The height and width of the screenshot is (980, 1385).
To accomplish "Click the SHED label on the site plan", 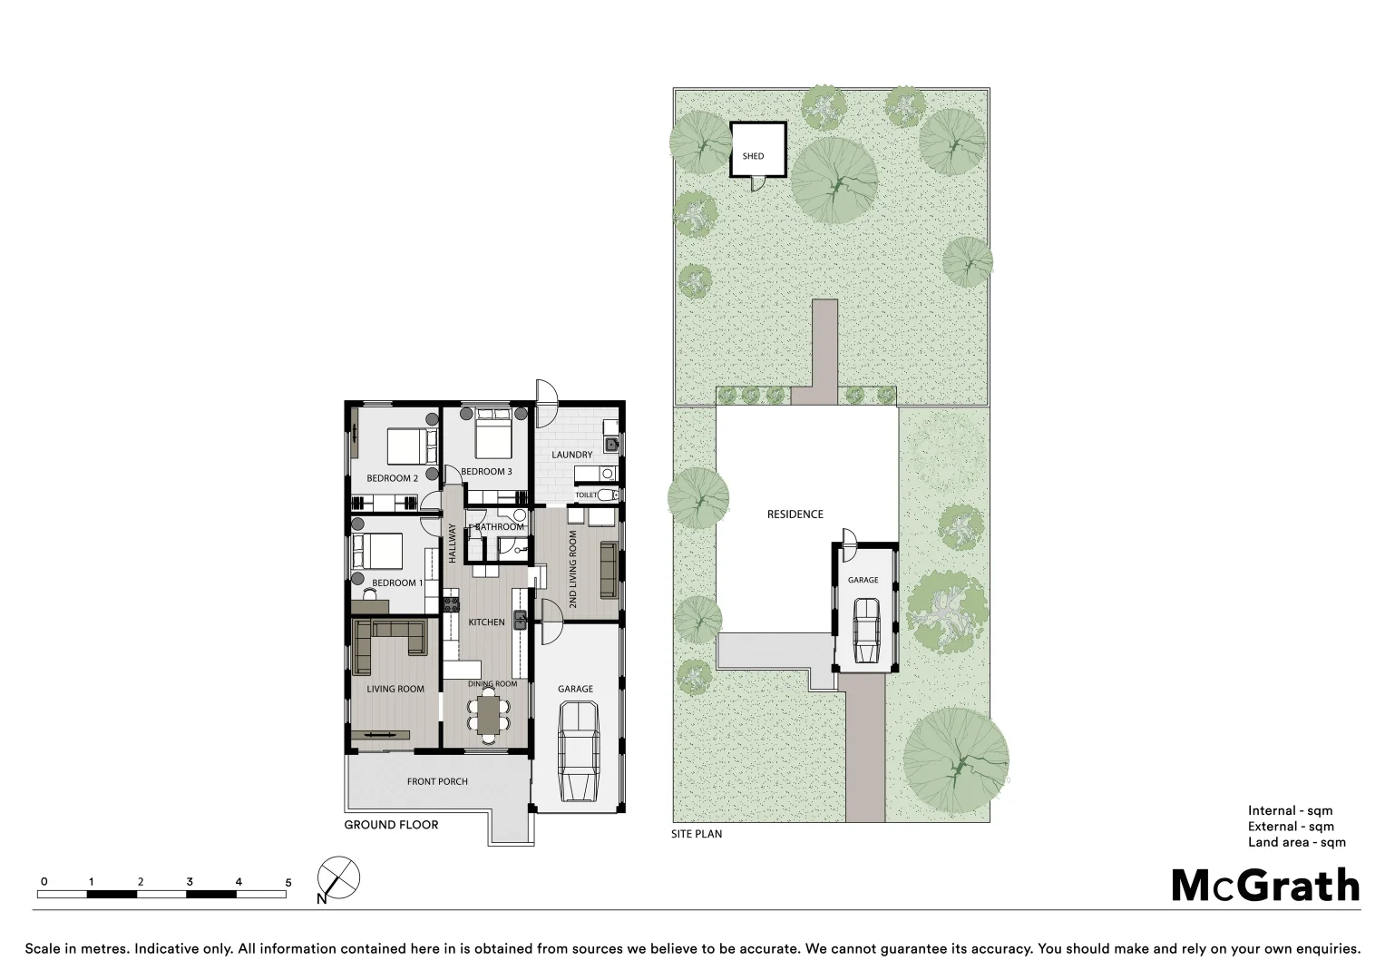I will [x=753, y=156].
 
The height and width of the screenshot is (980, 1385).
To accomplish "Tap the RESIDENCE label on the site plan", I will [x=795, y=514].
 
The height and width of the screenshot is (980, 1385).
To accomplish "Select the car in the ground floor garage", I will [x=578, y=752].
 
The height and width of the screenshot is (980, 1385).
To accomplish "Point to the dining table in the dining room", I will [x=489, y=713].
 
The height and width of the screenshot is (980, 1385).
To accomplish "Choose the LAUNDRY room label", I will [x=571, y=455].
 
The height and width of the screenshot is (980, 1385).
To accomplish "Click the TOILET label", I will [x=586, y=495].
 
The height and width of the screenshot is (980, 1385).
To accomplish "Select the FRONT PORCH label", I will [x=437, y=781].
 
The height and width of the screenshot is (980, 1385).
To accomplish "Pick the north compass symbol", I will [x=338, y=879].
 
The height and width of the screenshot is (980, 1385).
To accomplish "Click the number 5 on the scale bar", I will [x=288, y=882].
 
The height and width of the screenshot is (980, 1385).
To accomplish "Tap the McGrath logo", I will [x=1265, y=886].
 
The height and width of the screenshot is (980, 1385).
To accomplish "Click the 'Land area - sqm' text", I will [x=1296, y=842].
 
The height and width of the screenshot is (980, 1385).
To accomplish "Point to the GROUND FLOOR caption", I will [x=391, y=825].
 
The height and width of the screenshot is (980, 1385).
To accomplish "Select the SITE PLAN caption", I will [x=697, y=834].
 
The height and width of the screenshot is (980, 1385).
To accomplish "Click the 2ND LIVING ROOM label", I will [x=572, y=570].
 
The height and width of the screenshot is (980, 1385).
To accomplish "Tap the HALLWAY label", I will [x=452, y=544].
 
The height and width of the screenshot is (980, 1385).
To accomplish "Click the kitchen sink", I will [x=521, y=620].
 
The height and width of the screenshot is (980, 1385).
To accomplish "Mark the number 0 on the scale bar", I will [x=44, y=882].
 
